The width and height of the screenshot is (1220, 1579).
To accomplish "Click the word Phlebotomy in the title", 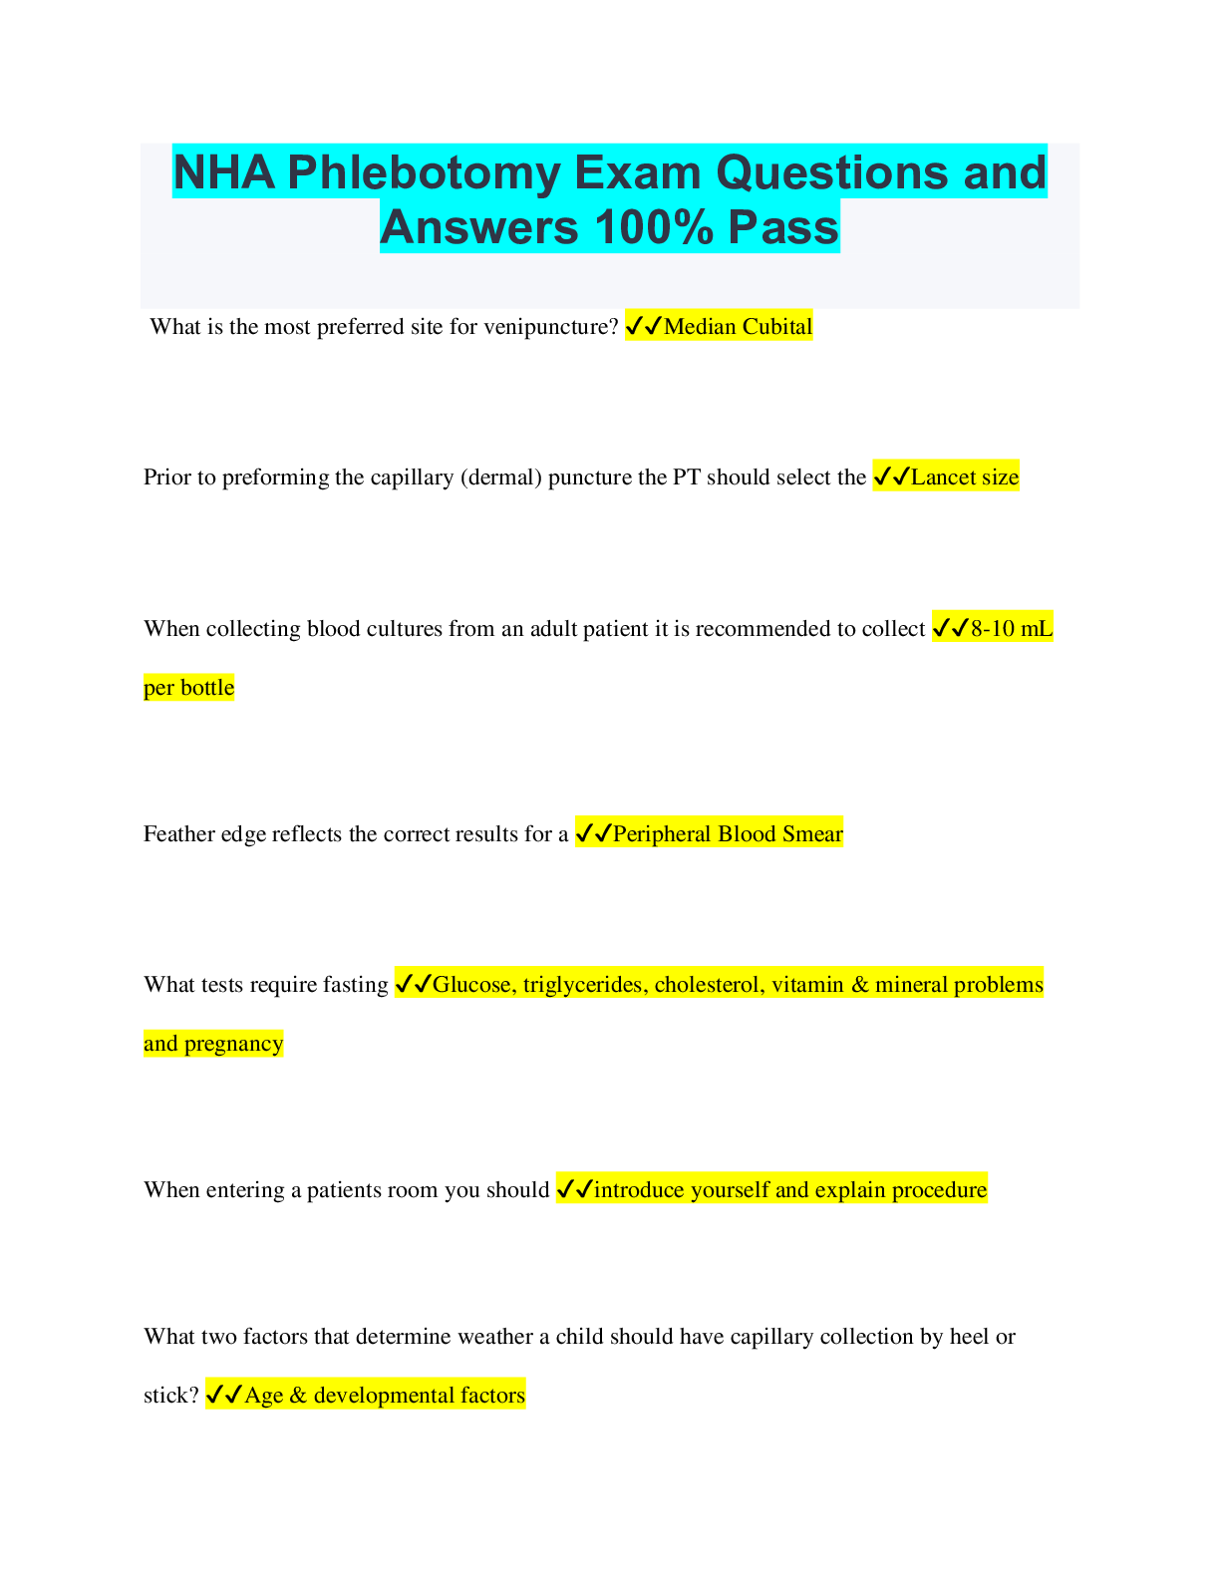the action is coord(424,174).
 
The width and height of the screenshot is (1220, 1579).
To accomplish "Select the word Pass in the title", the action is coord(783,226).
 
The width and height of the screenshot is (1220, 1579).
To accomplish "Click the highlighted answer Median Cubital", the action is coord(738,327).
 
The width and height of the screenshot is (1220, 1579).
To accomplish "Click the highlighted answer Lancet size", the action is coord(964,477).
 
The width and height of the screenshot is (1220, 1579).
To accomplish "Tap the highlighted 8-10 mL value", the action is coord(1011,628).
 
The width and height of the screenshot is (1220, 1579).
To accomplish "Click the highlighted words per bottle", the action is coord(189,688).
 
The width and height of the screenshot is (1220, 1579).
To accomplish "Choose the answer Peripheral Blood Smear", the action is coord(728,834).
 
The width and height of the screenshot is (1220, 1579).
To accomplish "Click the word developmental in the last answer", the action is coord(382,1396).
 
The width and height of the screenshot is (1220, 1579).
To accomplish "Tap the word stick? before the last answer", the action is coord(170,1396).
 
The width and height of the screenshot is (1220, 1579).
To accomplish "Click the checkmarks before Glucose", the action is coord(414,984).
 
